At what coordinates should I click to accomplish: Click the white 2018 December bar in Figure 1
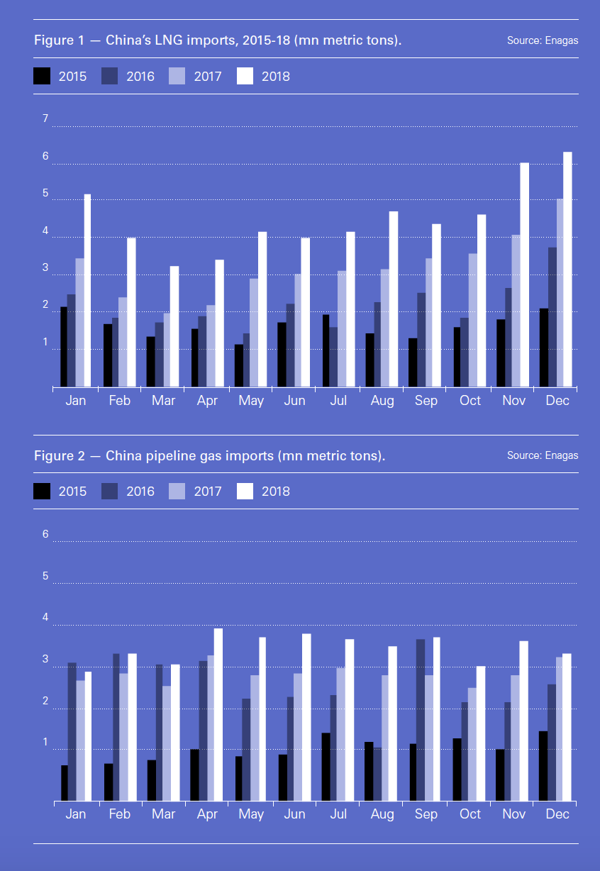[567, 270]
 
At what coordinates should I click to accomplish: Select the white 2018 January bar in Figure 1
[88, 291]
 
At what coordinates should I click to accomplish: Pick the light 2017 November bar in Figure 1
[516, 311]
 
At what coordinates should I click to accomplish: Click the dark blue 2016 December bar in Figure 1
[552, 317]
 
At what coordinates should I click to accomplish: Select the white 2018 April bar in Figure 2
[218, 715]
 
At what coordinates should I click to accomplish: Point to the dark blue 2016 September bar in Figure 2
[421, 721]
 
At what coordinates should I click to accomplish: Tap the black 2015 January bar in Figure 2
[65, 783]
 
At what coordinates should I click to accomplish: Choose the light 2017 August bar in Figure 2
[385, 738]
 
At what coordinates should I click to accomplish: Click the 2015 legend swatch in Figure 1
[43, 76]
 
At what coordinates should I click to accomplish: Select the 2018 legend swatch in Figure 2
[245, 491]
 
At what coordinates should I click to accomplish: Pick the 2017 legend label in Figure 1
[208, 77]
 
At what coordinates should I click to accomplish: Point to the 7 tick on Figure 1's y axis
[45, 118]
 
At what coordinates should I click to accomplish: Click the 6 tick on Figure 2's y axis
[45, 534]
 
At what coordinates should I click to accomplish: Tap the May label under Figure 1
[251, 401]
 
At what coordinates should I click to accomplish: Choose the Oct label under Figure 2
[470, 814]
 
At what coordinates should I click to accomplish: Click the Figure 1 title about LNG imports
[218, 40]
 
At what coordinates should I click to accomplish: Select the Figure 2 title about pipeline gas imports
[210, 455]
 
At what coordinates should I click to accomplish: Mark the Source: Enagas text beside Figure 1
[542, 40]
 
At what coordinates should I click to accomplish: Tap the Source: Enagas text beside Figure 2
[542, 455]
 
